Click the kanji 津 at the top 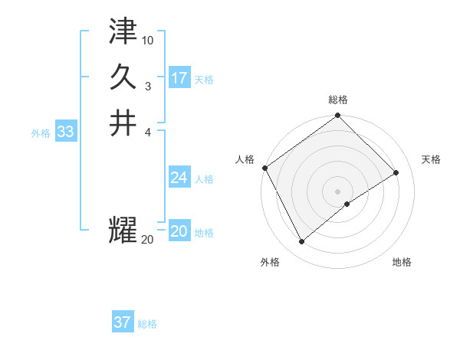point(123,33)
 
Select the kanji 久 point(123,77)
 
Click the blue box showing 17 point(179,78)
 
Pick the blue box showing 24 point(179,178)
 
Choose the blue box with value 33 point(66,132)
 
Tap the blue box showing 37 point(123,322)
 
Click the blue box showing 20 point(179,231)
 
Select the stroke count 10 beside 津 point(148,40)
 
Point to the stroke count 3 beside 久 point(147,85)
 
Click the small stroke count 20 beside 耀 point(147,240)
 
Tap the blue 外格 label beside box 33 point(41,133)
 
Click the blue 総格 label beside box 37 point(147,323)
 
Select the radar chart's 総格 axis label point(337,100)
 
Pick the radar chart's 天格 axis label point(431,159)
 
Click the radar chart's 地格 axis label point(402,262)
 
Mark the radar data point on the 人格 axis point(264,168)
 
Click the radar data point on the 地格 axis point(347,204)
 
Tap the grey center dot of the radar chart point(337,191)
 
